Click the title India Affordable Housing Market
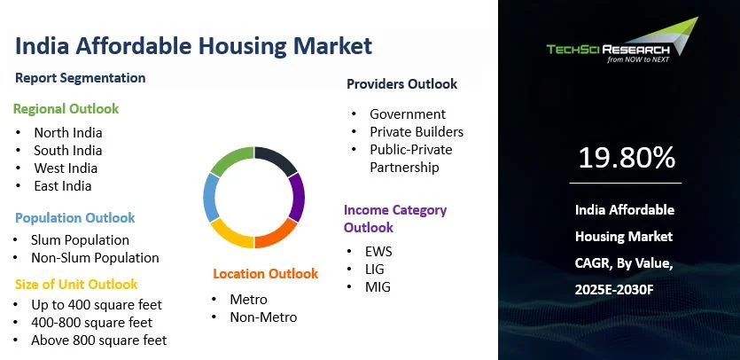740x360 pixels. tap(193, 45)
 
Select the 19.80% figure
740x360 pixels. tap(627, 158)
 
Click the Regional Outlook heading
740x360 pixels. tap(66, 109)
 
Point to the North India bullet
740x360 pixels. tap(68, 133)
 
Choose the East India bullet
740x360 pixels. tap(63, 186)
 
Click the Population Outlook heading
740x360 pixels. tap(75, 218)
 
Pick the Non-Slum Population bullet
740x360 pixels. tap(95, 258)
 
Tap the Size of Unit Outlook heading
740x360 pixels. tap(76, 285)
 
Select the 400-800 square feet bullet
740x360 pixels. tap(91, 323)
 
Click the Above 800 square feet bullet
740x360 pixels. tap(98, 340)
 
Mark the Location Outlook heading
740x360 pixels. tap(265, 274)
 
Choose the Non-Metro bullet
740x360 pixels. tap(263, 317)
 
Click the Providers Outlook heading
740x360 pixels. tap(401, 84)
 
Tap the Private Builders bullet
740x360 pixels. tap(417, 132)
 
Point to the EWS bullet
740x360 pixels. tap(378, 252)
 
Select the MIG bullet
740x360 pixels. tap(378, 287)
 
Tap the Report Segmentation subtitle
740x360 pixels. tap(81, 78)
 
